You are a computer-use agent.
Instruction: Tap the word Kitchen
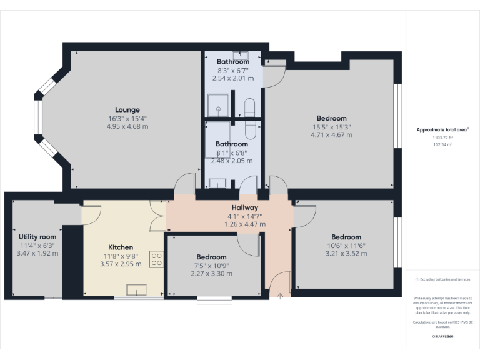pyautogui.click(x=120, y=247)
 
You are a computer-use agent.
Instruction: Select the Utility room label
pyautogui.click(x=37, y=237)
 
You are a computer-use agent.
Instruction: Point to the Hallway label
pyautogui.click(x=245, y=207)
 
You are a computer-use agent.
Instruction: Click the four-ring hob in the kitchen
pyautogui.click(x=156, y=259)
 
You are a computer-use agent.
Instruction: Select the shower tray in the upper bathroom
pyautogui.click(x=219, y=104)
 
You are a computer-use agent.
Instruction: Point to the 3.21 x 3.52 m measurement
pyautogui.click(x=346, y=253)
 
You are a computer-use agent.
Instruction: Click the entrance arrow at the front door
pyautogui.click(x=280, y=294)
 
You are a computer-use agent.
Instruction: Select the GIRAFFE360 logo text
pyautogui.click(x=443, y=336)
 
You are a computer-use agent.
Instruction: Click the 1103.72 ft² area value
pyautogui.click(x=442, y=137)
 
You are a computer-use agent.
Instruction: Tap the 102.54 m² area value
pyautogui.click(x=442, y=144)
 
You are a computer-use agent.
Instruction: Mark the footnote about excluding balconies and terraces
pyautogui.click(x=442, y=279)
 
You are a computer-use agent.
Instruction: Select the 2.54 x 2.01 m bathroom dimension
pyautogui.click(x=233, y=78)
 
